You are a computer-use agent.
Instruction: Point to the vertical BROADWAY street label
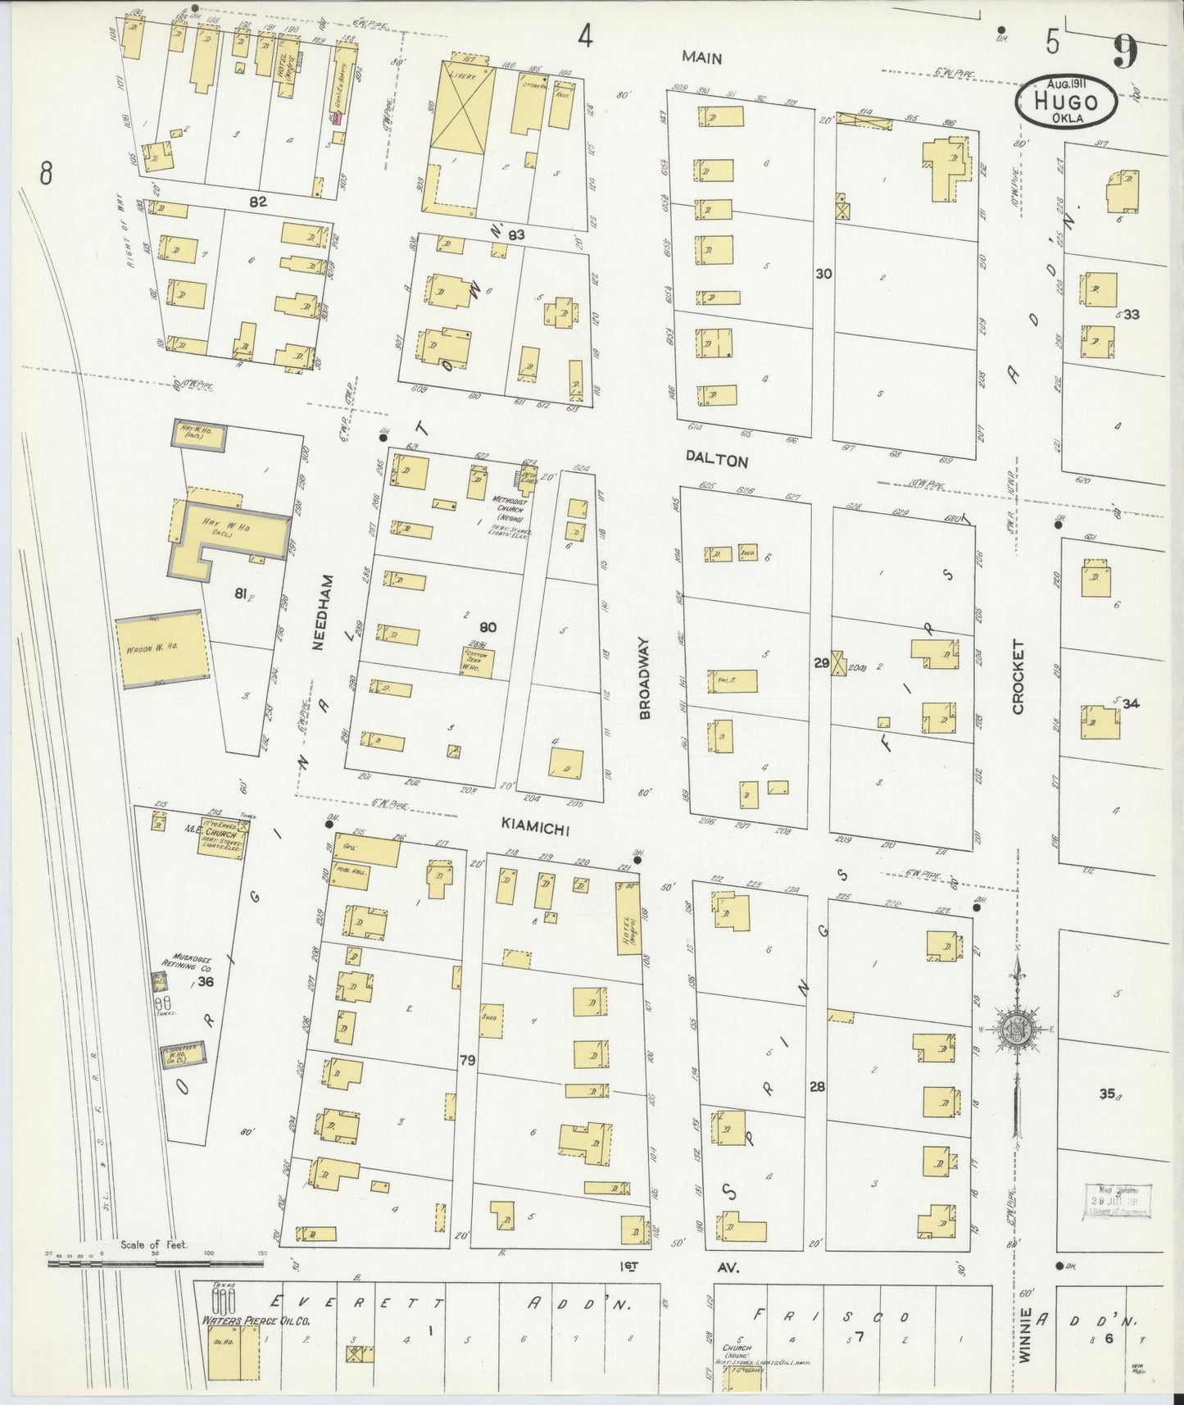coord(645,678)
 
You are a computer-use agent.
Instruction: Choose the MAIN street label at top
coord(704,57)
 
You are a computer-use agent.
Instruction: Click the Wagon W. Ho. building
coord(161,651)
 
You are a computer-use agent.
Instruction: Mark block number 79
coord(467,1060)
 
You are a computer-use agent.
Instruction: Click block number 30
coord(823,273)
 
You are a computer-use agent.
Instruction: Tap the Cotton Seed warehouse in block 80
coord(476,661)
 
